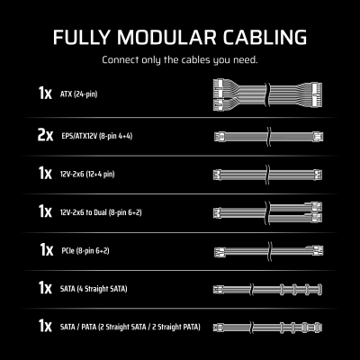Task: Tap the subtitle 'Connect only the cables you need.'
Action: [180, 61]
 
